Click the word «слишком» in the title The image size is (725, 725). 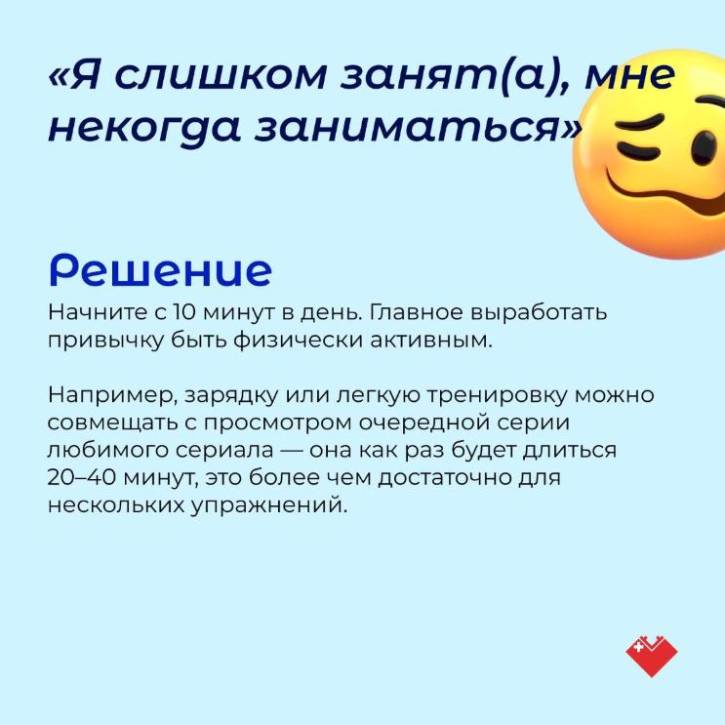[221, 74]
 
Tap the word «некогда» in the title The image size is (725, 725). [143, 126]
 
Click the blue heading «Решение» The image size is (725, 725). [160, 269]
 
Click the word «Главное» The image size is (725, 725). [416, 312]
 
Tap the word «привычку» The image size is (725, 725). [105, 342]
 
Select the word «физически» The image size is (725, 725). [297, 342]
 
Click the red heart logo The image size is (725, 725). [652, 657]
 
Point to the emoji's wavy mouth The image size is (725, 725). [665, 194]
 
